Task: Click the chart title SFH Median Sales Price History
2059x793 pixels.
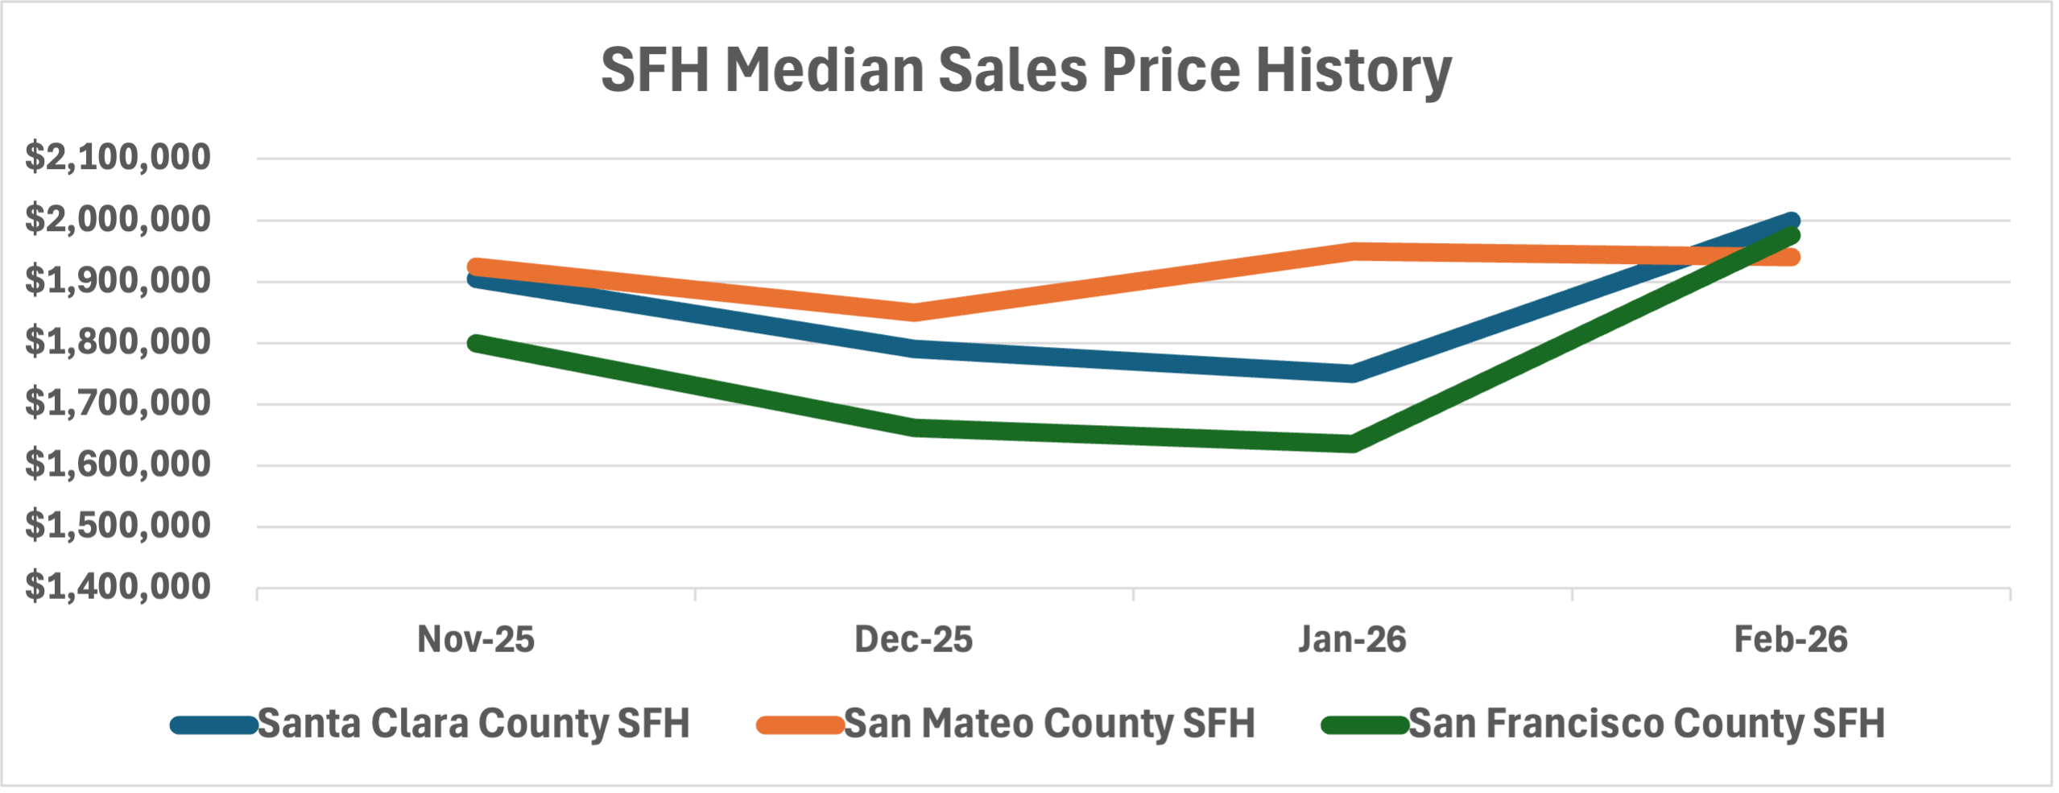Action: (1026, 71)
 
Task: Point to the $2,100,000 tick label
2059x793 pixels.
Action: (118, 157)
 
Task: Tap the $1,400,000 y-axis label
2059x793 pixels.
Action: (118, 587)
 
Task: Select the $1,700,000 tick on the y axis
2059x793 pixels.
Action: (118, 403)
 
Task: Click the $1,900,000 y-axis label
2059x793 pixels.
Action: (118, 280)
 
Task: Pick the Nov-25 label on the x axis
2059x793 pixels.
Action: (475, 639)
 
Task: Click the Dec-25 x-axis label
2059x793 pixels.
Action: (913, 639)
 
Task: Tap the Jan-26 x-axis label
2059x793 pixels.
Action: (1352, 639)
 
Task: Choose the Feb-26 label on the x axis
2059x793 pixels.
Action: (1790, 639)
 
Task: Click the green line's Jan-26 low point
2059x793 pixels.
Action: (1352, 443)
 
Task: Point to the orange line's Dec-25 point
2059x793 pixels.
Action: (914, 312)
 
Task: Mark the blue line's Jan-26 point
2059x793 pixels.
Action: (1352, 373)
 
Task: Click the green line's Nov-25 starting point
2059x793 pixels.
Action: (476, 343)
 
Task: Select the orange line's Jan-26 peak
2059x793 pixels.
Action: (1352, 251)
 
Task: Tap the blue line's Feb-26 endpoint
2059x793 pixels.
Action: (1790, 221)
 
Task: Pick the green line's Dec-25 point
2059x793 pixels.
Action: (914, 427)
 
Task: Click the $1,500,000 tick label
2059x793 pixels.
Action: (118, 526)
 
